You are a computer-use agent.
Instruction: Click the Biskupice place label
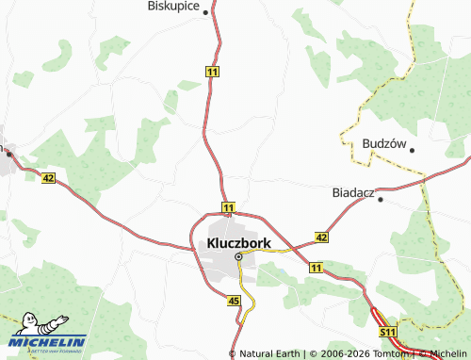coord(177,6)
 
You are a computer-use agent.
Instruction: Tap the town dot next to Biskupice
coord(204,13)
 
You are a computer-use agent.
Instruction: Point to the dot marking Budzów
coord(411,150)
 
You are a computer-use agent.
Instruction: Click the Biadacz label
coord(353,192)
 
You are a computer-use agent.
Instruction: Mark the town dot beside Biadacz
coord(380,199)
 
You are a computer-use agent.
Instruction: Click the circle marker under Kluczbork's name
coord(238,256)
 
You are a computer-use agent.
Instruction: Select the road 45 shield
coord(235,301)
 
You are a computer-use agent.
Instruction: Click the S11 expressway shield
coord(387,333)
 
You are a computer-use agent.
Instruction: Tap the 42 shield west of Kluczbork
coord(48,177)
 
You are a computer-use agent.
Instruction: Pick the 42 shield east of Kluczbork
coord(321,237)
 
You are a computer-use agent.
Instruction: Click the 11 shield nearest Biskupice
coord(213,72)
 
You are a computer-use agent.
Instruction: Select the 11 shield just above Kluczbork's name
coord(228,205)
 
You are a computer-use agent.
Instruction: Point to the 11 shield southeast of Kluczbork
coord(315,269)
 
